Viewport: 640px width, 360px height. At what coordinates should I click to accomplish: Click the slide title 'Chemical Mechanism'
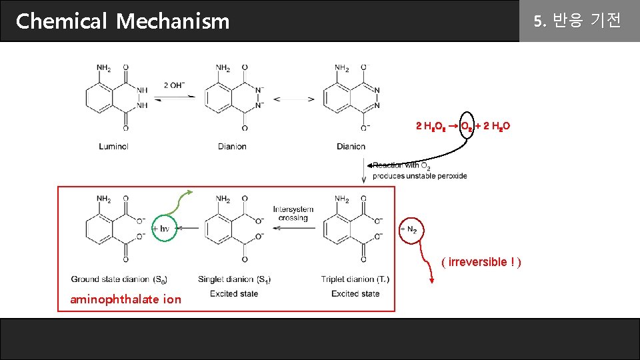click(x=123, y=21)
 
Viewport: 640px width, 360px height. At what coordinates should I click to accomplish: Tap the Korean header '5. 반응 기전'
click(x=577, y=21)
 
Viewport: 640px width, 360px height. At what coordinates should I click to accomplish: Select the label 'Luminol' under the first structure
click(x=113, y=146)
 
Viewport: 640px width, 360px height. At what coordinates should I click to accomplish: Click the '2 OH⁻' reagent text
click(x=175, y=85)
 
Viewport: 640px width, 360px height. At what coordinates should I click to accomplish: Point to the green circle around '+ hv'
click(x=164, y=228)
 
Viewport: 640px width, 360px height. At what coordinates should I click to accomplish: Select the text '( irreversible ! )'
click(x=481, y=262)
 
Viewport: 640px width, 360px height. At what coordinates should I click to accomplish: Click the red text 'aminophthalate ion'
click(x=125, y=299)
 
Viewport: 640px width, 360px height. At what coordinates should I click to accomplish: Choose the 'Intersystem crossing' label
click(x=293, y=213)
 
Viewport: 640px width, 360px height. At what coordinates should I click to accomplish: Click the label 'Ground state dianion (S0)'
click(x=119, y=279)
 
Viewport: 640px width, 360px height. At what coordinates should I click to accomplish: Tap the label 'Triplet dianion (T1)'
click(x=355, y=279)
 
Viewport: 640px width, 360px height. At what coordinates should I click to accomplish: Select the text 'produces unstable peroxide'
click(x=420, y=176)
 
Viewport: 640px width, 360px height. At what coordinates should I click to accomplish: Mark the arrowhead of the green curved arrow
click(x=190, y=193)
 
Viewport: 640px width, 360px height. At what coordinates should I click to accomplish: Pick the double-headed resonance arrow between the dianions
click(x=294, y=99)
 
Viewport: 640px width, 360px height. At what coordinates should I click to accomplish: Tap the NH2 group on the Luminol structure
click(x=103, y=67)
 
